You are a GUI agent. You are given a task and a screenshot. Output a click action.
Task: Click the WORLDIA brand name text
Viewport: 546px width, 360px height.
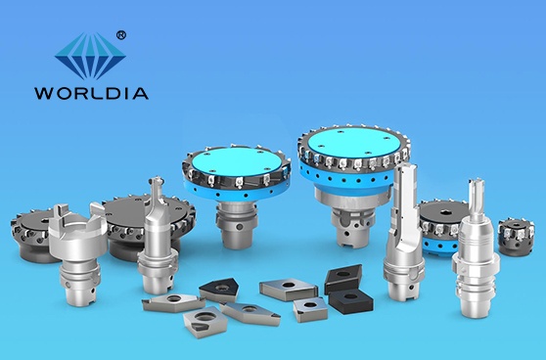click(92, 93)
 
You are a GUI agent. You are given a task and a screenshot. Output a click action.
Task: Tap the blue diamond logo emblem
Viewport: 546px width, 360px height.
click(90, 56)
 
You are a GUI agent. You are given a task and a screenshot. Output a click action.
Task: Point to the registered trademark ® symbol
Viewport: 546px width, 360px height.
click(120, 35)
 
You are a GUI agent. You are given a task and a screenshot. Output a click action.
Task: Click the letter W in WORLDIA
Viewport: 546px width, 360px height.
click(43, 93)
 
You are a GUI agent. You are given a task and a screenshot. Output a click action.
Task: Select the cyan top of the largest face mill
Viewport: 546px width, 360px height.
click(354, 142)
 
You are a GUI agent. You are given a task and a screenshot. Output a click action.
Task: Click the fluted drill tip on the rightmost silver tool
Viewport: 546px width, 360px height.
click(476, 190)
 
